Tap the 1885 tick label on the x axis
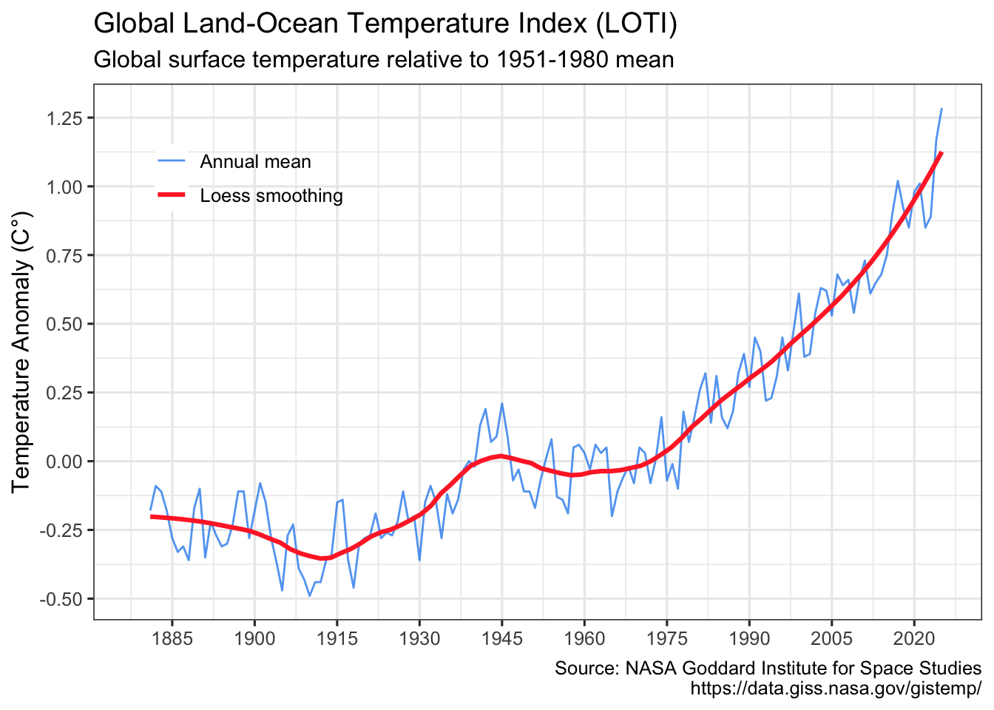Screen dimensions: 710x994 (172, 638)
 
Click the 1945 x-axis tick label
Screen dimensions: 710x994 (501, 638)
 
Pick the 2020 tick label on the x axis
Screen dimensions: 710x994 (913, 638)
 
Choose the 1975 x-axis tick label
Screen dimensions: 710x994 (666, 638)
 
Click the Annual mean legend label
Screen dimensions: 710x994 (255, 162)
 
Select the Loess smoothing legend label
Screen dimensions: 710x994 (271, 196)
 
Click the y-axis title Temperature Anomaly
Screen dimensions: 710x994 (21, 352)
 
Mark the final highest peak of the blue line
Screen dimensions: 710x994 (941, 109)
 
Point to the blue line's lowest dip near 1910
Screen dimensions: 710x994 (310, 595)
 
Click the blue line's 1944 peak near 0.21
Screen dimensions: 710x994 (501, 403)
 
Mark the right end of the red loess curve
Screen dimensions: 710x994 (941, 152)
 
